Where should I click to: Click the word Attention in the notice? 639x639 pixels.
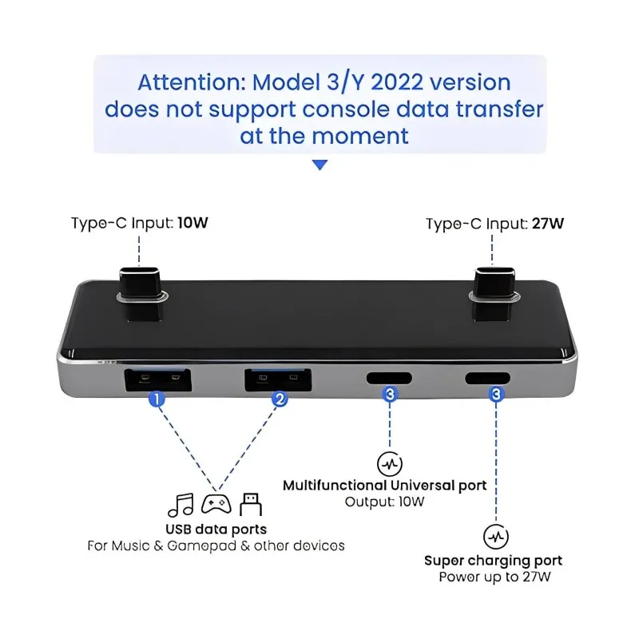pyautogui.click(x=190, y=82)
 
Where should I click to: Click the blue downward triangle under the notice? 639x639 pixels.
pyautogui.click(x=319, y=165)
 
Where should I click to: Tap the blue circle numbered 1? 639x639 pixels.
pyautogui.click(x=157, y=397)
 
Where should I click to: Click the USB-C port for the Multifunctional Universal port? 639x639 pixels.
pyautogui.click(x=389, y=378)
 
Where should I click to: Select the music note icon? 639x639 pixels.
pyautogui.click(x=181, y=505)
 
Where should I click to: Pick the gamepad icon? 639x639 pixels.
pyautogui.click(x=216, y=505)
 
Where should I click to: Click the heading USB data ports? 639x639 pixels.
pyautogui.click(x=216, y=529)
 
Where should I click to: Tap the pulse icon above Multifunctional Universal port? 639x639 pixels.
pyautogui.click(x=389, y=463)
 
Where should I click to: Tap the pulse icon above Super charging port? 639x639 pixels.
pyautogui.click(x=496, y=536)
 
